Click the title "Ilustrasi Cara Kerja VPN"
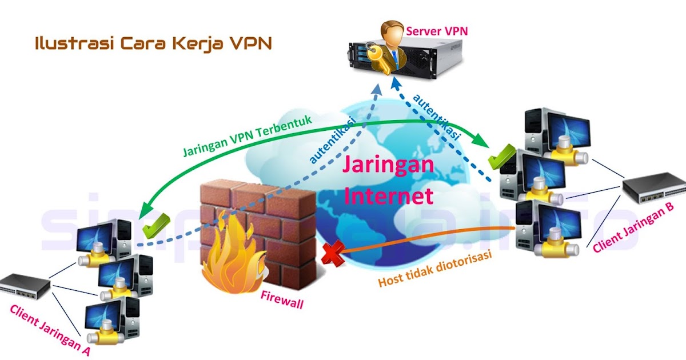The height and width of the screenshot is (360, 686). point(153,43)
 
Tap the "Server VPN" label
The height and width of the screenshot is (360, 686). point(437,30)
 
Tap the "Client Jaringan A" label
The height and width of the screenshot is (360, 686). point(51,330)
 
